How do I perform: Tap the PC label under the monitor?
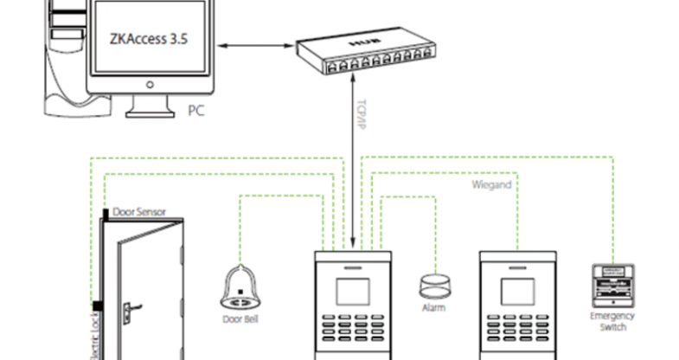pos(196,110)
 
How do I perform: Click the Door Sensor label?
pos(139,211)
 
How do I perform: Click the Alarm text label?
pos(433,307)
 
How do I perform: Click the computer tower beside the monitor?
pos(61,52)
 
